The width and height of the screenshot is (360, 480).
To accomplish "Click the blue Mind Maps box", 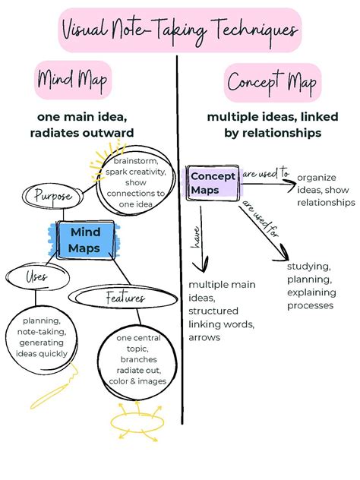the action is click(85, 240).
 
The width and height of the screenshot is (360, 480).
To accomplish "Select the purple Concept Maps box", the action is click(213, 183).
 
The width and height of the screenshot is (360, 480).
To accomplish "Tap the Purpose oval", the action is click(52, 196).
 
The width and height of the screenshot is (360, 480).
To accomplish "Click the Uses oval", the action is click(37, 277).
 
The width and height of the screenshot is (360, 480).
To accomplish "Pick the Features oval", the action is click(123, 298).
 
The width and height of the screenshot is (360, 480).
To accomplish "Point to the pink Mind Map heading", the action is click(73, 80).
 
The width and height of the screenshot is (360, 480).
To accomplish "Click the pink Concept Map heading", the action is click(273, 83).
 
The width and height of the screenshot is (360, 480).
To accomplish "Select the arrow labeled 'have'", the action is click(201, 238).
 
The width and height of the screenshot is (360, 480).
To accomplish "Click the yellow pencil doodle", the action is click(55, 387).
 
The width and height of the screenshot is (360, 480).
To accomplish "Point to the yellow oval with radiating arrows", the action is click(137, 422).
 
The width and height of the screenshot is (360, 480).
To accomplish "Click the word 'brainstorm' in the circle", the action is click(136, 161).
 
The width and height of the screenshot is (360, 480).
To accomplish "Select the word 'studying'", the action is click(309, 267).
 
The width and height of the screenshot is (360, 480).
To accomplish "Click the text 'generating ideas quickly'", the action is click(41, 348).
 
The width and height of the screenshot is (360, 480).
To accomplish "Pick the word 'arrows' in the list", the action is click(204, 337).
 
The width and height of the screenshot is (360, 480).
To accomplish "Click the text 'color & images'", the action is click(137, 381).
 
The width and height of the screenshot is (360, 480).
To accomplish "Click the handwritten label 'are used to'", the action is click(266, 173).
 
